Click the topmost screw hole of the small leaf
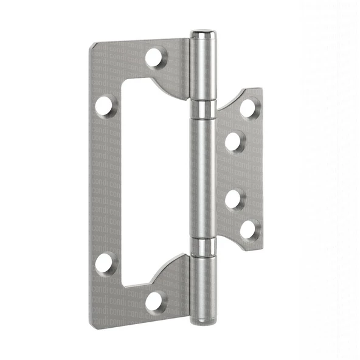[x=247, y=108]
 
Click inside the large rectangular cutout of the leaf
[x=152, y=182]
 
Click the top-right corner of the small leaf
[x=261, y=89]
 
